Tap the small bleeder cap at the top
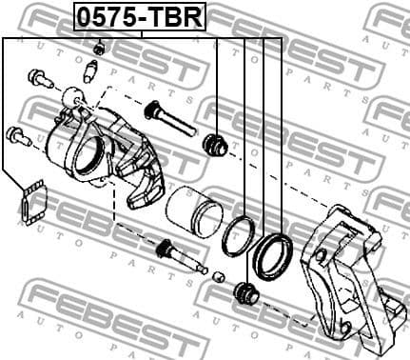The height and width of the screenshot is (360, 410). (x=99, y=48)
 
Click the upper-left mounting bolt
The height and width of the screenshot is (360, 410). (x=37, y=75)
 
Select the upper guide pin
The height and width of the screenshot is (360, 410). (x=169, y=118)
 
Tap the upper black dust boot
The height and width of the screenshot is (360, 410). (x=215, y=145)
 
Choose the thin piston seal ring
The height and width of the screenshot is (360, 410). (x=237, y=236)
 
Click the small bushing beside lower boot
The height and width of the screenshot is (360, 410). (x=219, y=277)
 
